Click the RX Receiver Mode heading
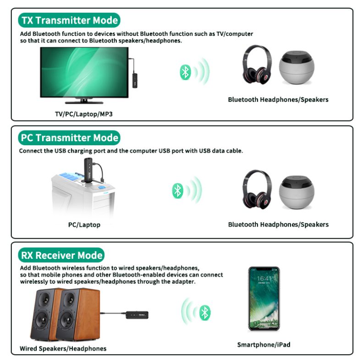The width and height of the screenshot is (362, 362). point(62,255)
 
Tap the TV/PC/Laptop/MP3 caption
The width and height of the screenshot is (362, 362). point(83,114)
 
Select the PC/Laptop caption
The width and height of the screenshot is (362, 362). point(84,225)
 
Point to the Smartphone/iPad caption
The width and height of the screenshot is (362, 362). point(263,345)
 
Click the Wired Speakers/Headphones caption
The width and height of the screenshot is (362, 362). point(63,349)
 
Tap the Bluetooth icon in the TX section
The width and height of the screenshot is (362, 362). point(185,72)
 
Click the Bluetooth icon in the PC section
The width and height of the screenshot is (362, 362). point(177,190)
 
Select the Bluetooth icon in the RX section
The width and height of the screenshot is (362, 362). point(206,313)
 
